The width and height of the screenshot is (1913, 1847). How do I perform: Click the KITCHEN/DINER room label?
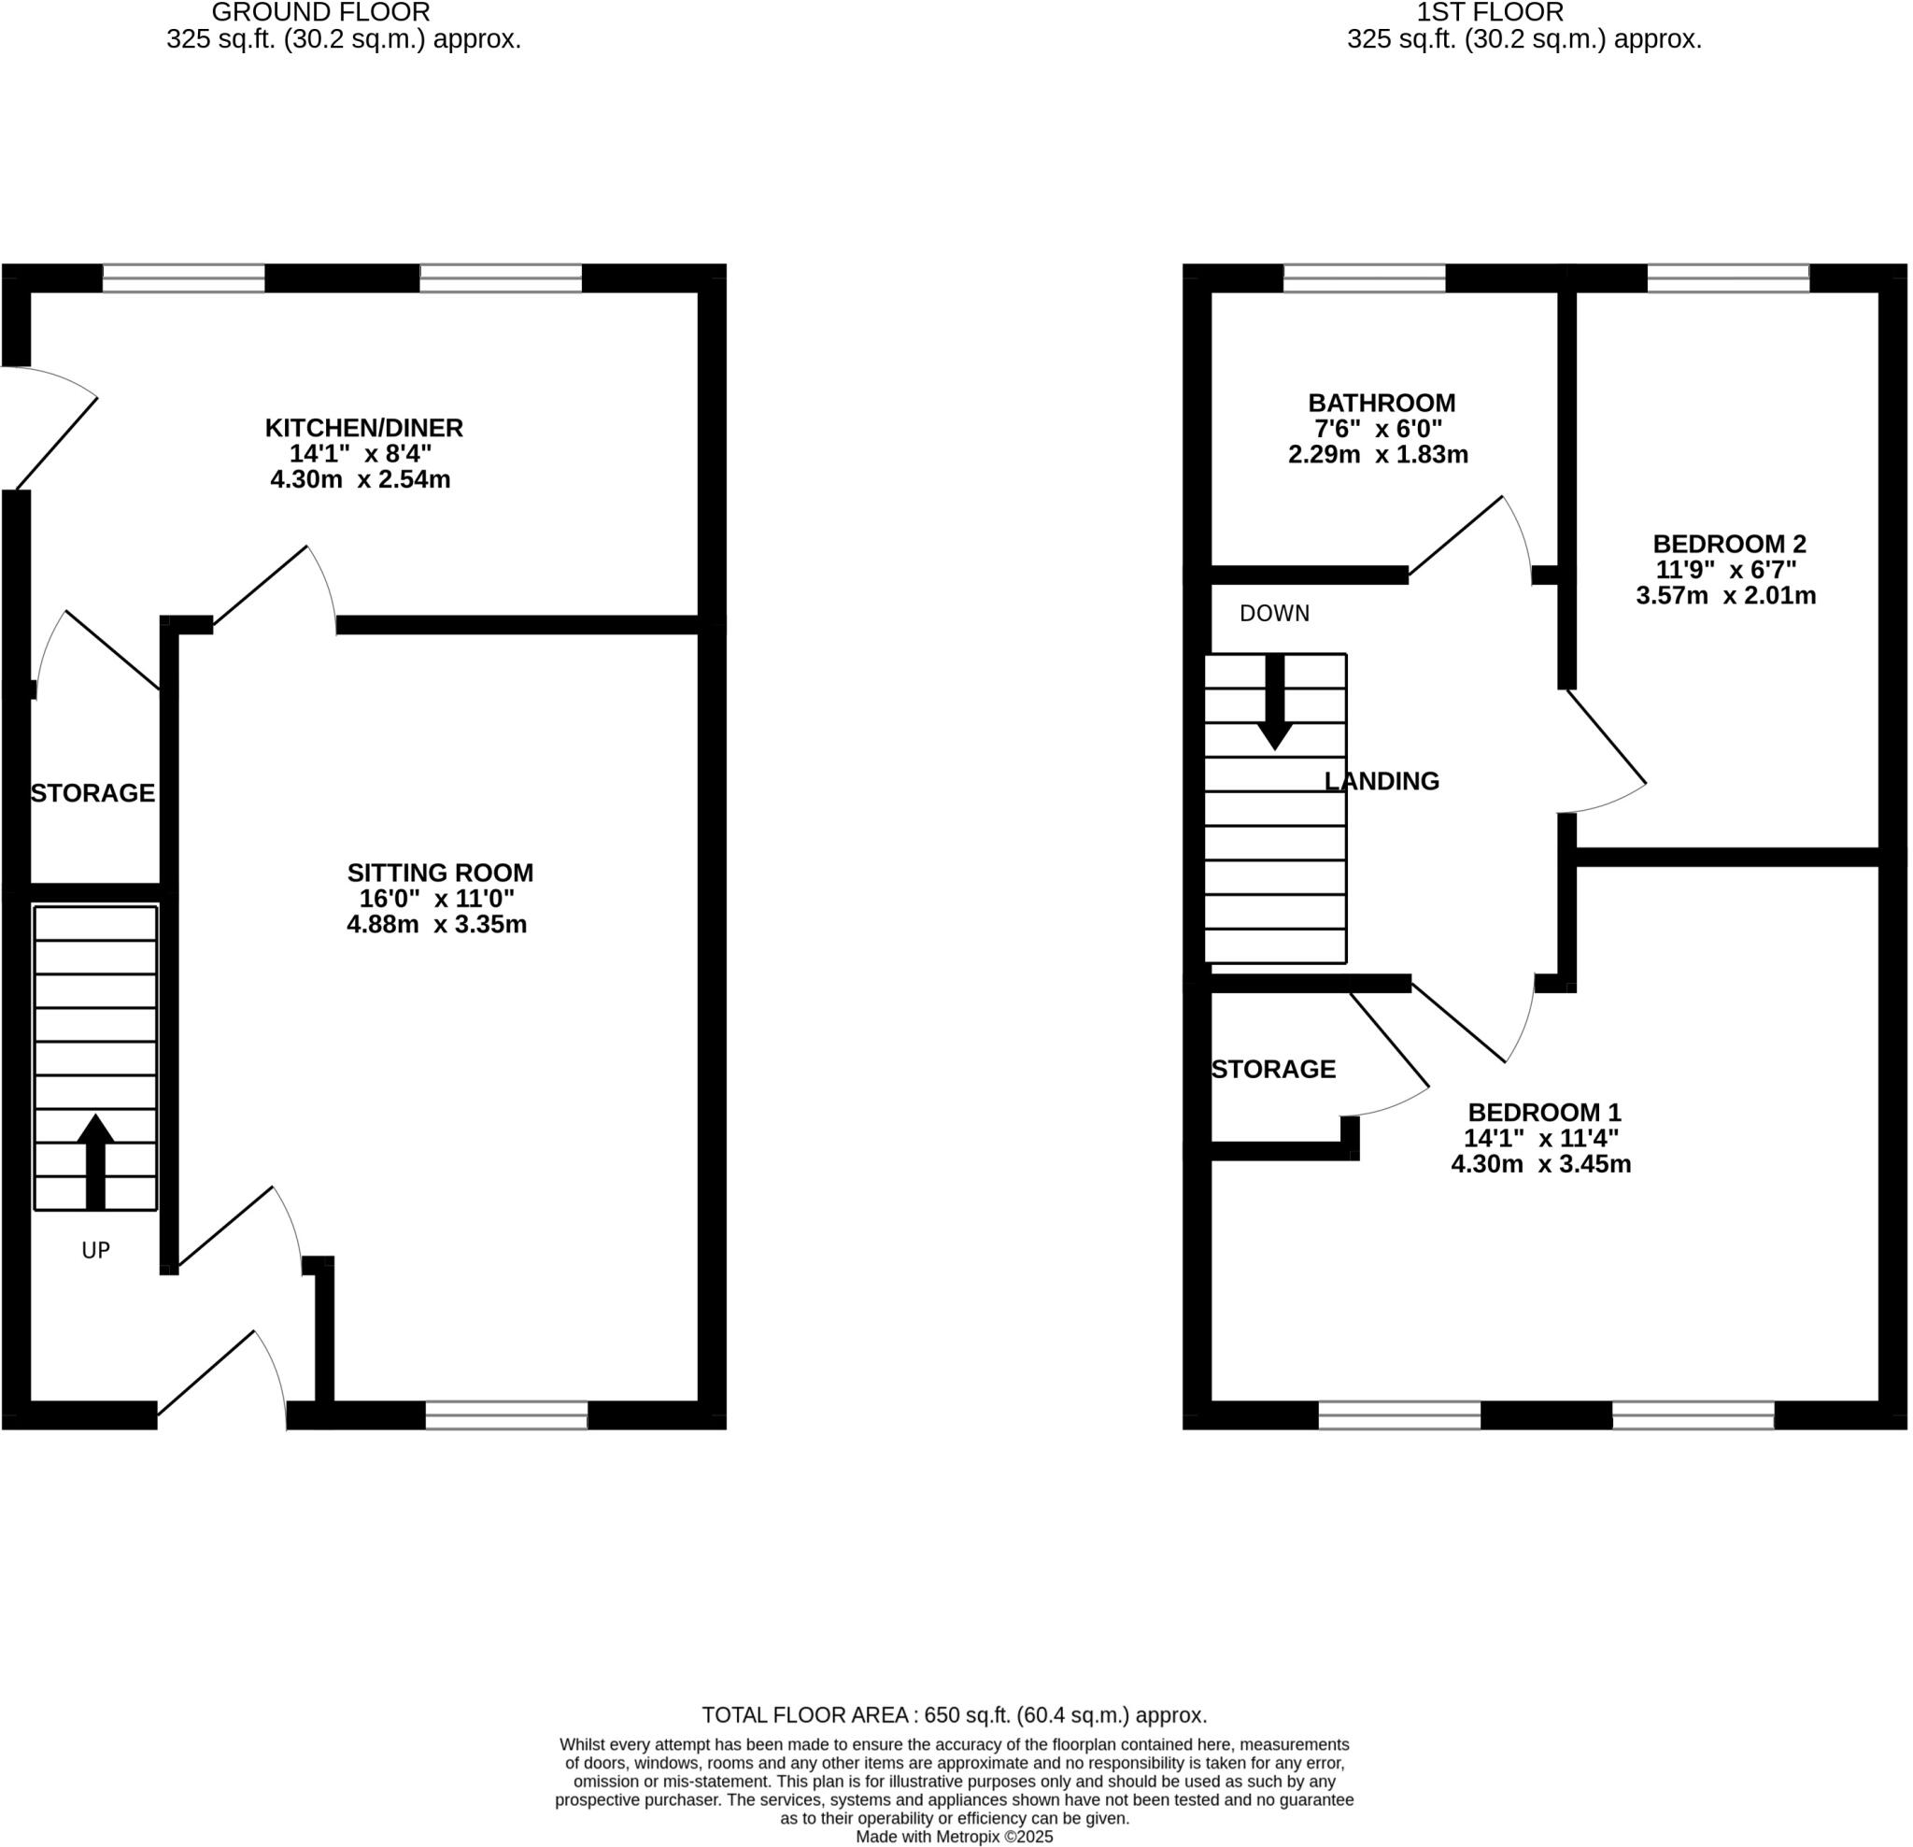pyautogui.click(x=364, y=428)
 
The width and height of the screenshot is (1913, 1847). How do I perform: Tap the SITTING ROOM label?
pyautogui.click(x=440, y=873)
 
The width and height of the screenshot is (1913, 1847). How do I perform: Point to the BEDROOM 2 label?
pyautogui.click(x=1729, y=544)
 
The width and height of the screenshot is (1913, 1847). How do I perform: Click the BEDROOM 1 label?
pyautogui.click(x=1544, y=1112)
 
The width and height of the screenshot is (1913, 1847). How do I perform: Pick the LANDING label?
pyautogui.click(x=1382, y=781)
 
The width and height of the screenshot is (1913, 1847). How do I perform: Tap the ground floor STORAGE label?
pyautogui.click(x=92, y=792)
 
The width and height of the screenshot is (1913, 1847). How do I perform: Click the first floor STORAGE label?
pyautogui.click(x=1274, y=1069)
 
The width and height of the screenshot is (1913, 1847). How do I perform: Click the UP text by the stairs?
pyautogui.click(x=95, y=1251)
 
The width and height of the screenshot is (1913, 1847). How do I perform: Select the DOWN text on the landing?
pyautogui.click(x=1275, y=613)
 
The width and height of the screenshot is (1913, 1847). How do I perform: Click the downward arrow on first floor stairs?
pyautogui.click(x=1275, y=703)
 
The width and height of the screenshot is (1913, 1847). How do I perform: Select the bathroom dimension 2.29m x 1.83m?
pyautogui.click(x=1378, y=454)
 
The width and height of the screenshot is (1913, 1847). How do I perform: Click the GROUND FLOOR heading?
pyautogui.click(x=321, y=13)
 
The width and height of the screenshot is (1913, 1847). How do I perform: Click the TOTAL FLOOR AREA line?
pyautogui.click(x=955, y=1715)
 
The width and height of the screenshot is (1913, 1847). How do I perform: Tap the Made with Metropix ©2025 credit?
pyautogui.click(x=955, y=1837)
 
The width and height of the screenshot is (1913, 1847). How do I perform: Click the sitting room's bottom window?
pyautogui.click(x=506, y=1415)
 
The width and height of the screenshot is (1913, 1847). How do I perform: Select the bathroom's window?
pyautogui.click(x=1364, y=278)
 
